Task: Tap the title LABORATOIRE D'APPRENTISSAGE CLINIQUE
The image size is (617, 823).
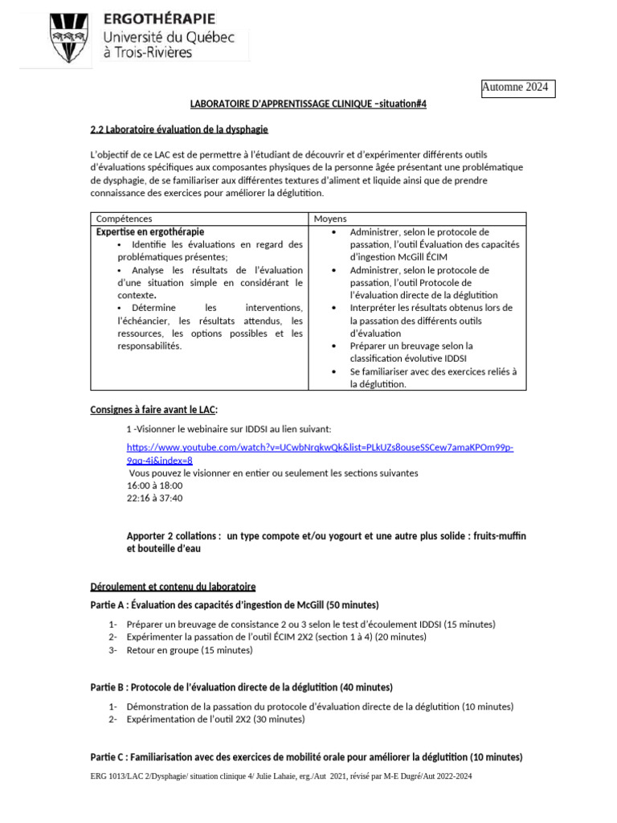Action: pos(280,104)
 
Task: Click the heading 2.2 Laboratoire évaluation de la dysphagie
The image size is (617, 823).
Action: pos(179,129)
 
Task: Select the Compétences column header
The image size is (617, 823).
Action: pos(124,219)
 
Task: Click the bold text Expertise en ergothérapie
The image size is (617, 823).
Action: pos(150,231)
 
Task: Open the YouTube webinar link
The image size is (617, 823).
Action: pos(320,447)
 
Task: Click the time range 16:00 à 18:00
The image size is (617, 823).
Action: pos(155,485)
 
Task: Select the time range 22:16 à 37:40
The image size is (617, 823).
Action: pos(155,498)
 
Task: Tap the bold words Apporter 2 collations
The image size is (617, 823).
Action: pos(174,536)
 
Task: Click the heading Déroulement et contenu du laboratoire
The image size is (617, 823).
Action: pos(173,588)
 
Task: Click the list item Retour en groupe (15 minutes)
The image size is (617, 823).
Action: pos(190,649)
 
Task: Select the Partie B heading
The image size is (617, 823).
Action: pos(242,687)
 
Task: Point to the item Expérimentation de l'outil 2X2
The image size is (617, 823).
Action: pos(215,719)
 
